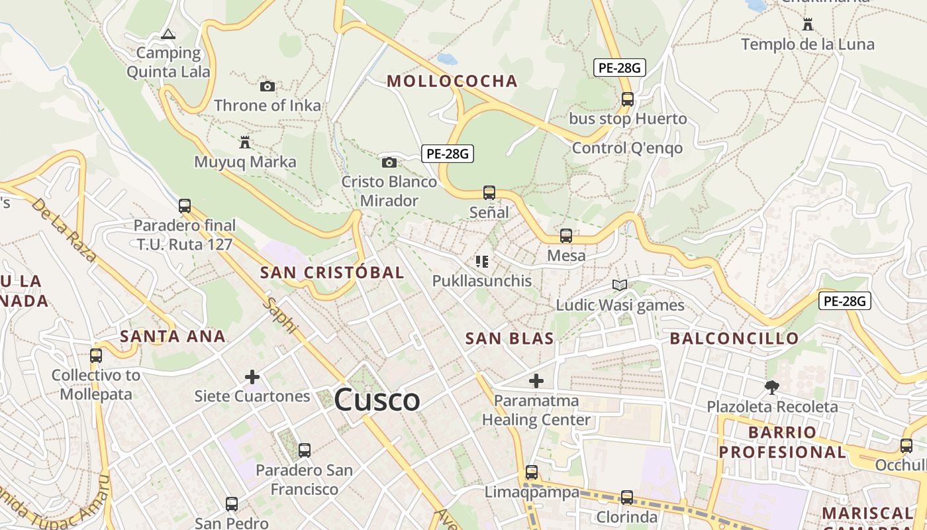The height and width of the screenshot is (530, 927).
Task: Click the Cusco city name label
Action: [x=377, y=400]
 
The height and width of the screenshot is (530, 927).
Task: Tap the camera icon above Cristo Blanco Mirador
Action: [x=389, y=162]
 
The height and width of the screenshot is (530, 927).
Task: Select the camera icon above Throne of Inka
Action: [x=268, y=86]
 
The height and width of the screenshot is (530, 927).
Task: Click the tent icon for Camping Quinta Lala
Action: [x=168, y=34]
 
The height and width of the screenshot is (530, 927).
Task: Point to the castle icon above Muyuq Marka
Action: [x=245, y=142]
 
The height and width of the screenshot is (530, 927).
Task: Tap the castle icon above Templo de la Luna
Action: [x=808, y=25]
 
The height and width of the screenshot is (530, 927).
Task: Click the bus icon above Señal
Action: [x=489, y=193]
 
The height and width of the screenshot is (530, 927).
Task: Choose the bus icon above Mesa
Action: [x=566, y=236]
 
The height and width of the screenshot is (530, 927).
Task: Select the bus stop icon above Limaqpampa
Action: [x=532, y=472]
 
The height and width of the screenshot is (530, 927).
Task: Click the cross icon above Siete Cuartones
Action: [x=252, y=377]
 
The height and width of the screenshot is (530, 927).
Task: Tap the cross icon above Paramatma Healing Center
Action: [x=536, y=381]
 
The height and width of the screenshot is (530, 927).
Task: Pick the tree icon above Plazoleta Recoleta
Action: [x=771, y=387]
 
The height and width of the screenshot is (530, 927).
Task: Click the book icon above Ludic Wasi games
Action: [x=620, y=286]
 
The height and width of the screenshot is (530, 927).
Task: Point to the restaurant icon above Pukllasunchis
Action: [x=482, y=262]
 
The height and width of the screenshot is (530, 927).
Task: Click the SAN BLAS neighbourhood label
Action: [x=509, y=339]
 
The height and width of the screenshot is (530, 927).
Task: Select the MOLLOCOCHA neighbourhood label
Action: [x=452, y=81]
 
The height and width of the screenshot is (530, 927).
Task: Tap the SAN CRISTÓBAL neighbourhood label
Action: [x=332, y=272]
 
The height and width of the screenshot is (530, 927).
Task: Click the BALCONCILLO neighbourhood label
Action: [x=734, y=339]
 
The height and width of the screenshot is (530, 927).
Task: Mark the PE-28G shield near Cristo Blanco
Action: [x=448, y=154]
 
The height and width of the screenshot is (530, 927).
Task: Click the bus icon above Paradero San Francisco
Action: [x=305, y=450]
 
